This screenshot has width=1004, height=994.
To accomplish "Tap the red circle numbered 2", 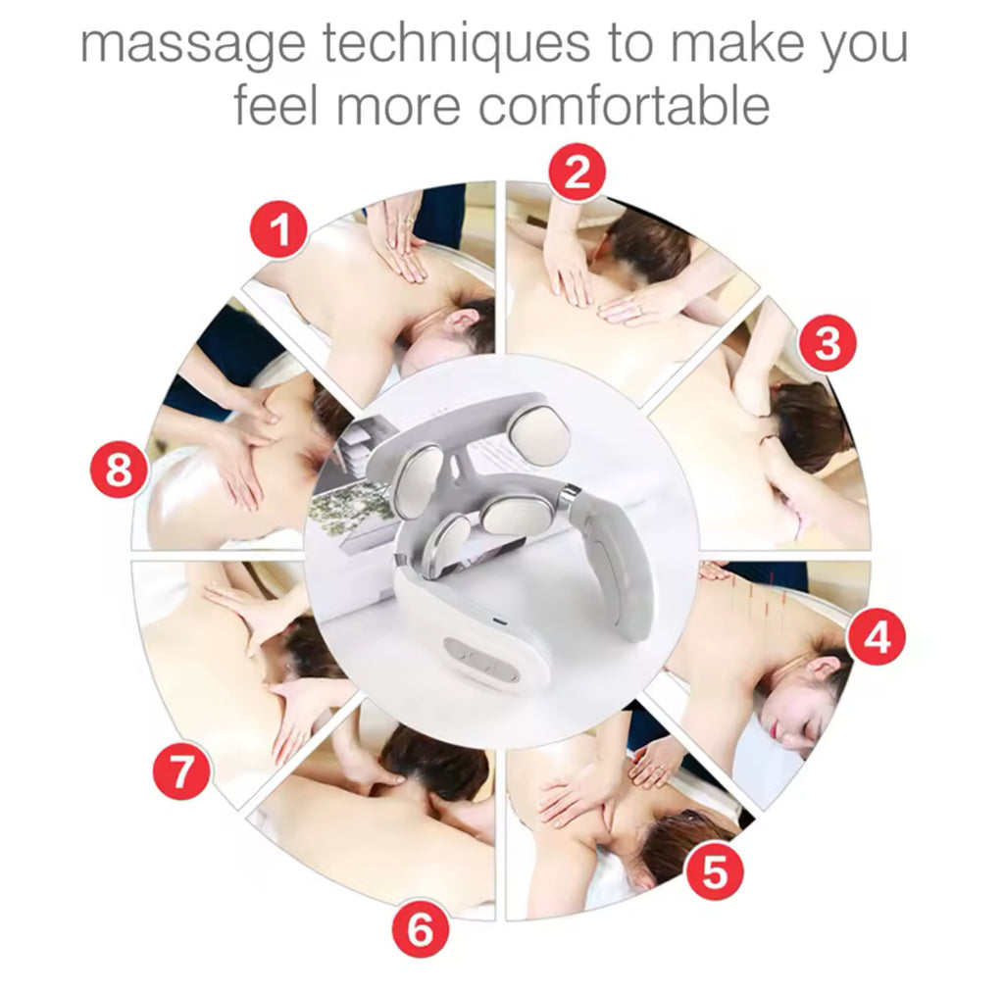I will tap(577, 173).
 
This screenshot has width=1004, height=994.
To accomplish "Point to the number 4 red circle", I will tap(877, 637).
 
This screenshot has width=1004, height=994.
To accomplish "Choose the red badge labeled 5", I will tap(714, 870).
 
